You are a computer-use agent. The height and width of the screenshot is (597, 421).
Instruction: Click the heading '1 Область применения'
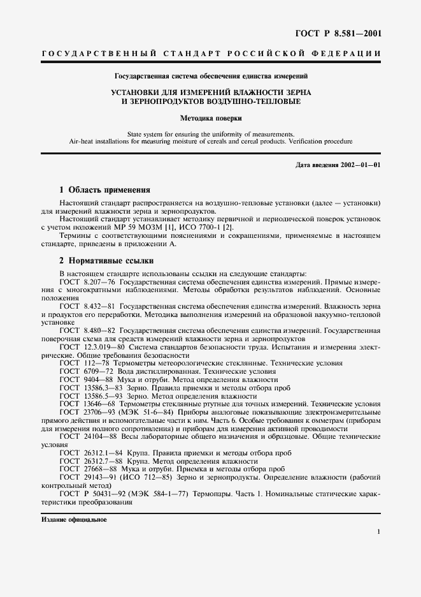coord(104,189)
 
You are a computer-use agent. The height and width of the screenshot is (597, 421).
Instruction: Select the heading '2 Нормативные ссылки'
coord(106,261)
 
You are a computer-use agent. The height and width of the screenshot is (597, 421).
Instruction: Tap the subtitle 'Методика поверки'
coord(210,118)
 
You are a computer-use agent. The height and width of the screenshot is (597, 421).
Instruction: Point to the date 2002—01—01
coord(358,166)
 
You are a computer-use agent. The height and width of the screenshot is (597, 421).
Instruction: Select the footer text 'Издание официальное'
coord(73,519)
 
